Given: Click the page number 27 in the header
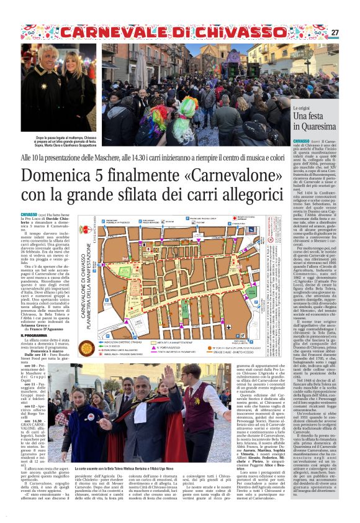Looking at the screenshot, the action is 335,32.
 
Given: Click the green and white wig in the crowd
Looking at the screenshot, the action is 187,107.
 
